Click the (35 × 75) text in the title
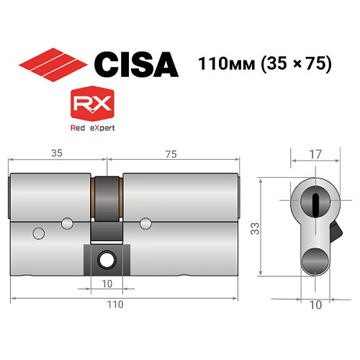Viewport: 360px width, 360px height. [292, 63]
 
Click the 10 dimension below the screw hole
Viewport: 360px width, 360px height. [107, 283]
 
